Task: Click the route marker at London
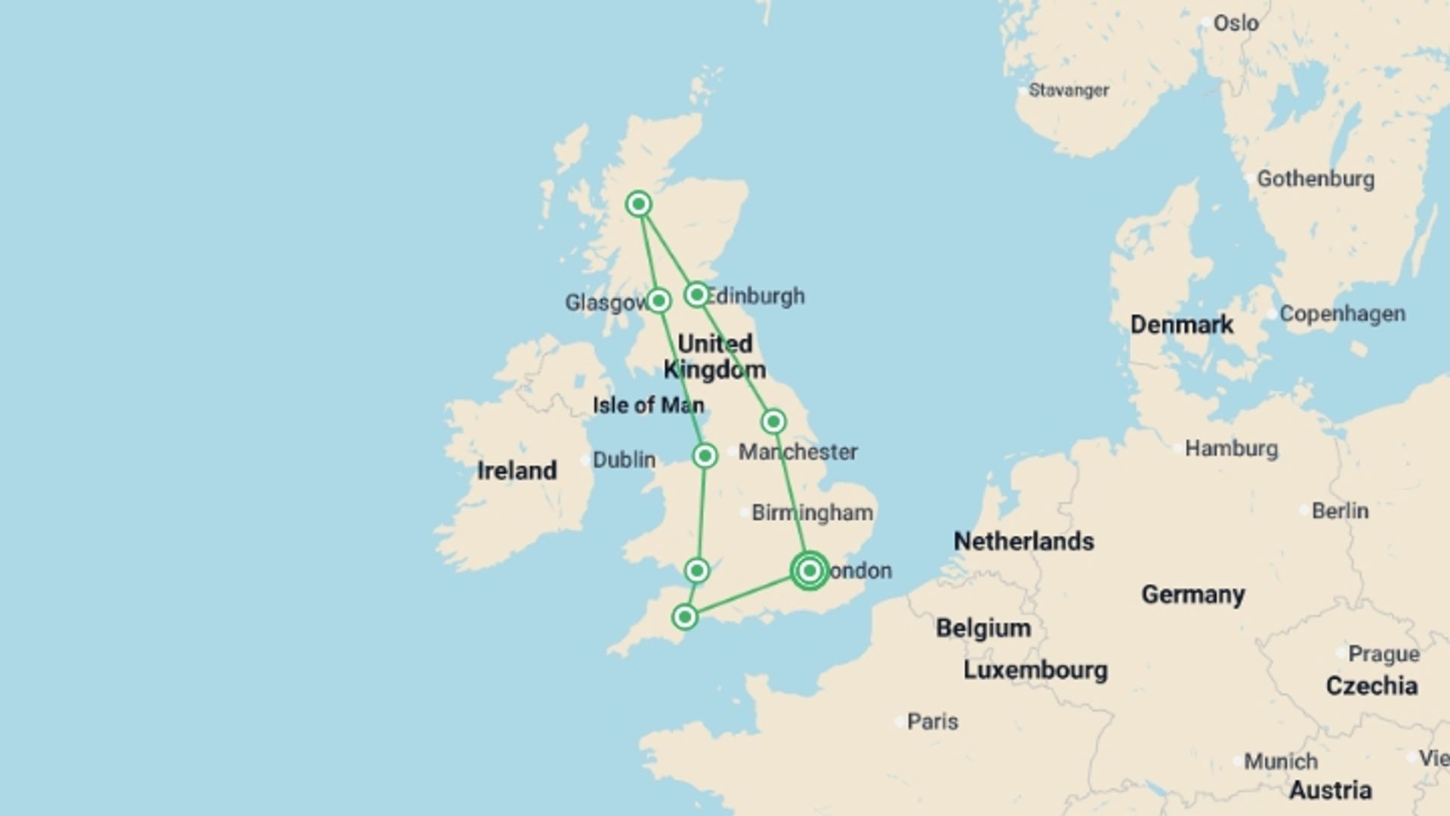(x=809, y=571)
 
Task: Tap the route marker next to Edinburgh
(x=696, y=294)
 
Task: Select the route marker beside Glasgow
(x=659, y=301)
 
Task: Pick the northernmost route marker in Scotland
(x=639, y=204)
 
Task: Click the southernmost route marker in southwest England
(x=685, y=617)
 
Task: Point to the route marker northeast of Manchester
(x=773, y=422)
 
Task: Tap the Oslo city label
(x=1236, y=23)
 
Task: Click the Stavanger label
(x=1069, y=91)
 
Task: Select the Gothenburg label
(x=1315, y=179)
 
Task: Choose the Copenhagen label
(x=1342, y=314)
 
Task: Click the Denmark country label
(x=1181, y=325)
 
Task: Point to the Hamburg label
(x=1231, y=449)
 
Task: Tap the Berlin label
(x=1340, y=512)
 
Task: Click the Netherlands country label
(x=1023, y=541)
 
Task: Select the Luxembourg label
(x=1035, y=670)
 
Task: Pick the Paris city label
(x=932, y=722)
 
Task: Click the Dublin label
(x=624, y=460)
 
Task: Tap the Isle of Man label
(x=648, y=405)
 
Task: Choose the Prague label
(x=1384, y=654)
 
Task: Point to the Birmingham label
(x=812, y=513)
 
